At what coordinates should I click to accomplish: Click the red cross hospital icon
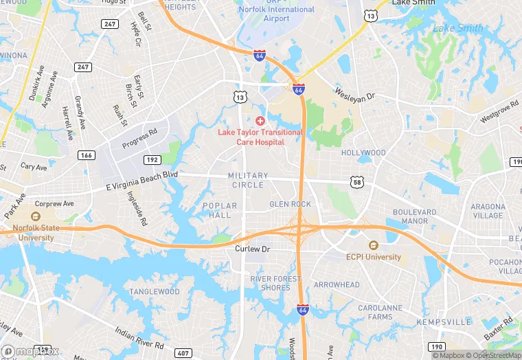[260, 120]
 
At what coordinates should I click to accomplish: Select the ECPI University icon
[373, 245]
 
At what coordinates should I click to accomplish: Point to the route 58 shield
[356, 181]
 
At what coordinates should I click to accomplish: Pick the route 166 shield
[86, 155]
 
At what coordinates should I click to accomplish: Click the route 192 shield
[152, 160]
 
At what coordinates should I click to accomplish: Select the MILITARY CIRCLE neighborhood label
[248, 181]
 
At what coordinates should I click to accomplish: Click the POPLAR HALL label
[220, 210]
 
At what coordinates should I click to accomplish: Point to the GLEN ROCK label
[290, 204]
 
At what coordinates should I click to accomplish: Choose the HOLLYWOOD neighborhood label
[363, 153]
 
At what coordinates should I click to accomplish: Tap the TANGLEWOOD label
[155, 292]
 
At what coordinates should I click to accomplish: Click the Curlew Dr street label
[252, 249]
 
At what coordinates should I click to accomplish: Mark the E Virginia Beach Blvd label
[142, 181]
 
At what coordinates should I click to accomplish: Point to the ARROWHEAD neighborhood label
[337, 284]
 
